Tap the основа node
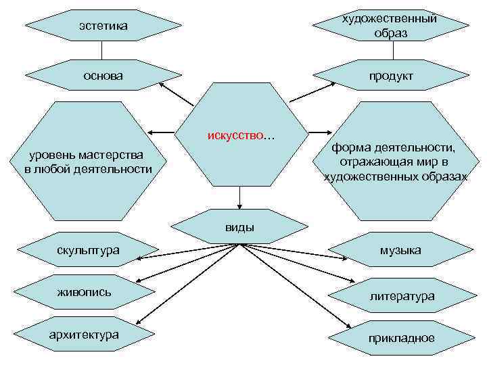tap(103, 75)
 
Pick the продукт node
tap(391, 76)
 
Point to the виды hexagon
tap(239, 226)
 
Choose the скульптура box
tap(88, 250)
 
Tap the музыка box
tap(400, 250)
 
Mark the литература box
tap(402, 296)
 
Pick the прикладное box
tap(401, 338)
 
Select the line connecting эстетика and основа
tap(102, 50)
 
